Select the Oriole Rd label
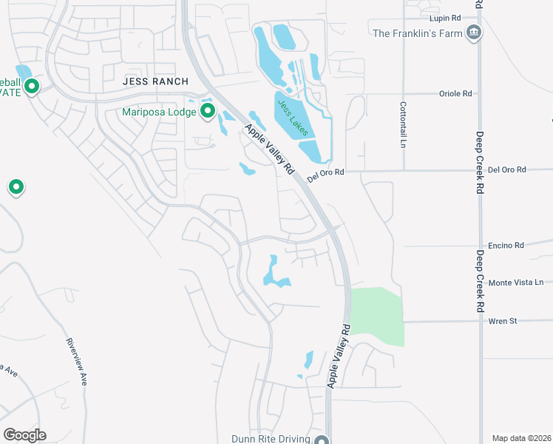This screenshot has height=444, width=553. pos(456,94)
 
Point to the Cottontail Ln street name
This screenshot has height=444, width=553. pos(404,124)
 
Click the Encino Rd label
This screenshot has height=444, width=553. pos(506,245)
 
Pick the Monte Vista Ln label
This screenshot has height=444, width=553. pos(516,283)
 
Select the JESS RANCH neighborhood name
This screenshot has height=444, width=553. pos(155,81)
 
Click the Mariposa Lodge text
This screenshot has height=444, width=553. pos(160,112)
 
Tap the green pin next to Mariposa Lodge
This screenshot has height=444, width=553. pos(208,112)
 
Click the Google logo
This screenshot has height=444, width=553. pos(24,434)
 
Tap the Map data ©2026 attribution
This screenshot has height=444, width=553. pos(522,438)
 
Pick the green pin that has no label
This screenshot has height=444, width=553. pos(16,186)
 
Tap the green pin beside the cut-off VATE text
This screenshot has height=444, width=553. pos(31,87)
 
